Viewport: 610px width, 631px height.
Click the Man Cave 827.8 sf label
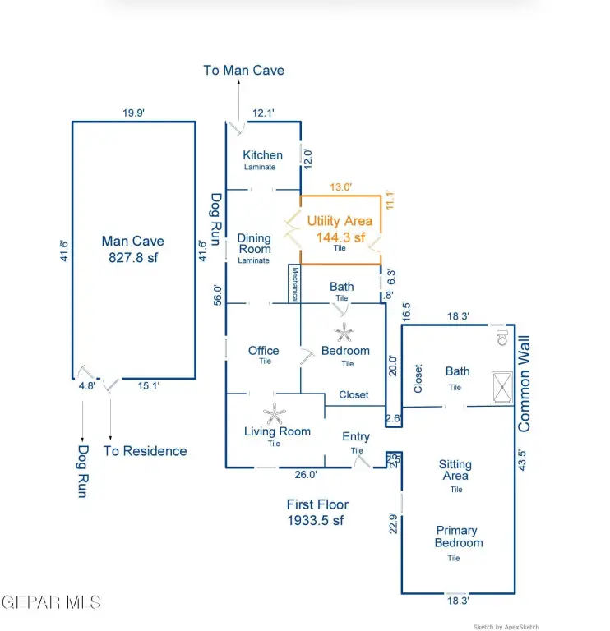pos(132,248)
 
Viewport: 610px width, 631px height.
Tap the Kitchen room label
pos(262,155)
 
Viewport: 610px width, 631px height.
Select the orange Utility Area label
pos(340,229)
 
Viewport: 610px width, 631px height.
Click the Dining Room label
pos(254,244)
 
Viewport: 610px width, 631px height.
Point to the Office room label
pos(264,351)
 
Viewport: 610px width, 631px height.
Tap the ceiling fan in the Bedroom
pos(343,332)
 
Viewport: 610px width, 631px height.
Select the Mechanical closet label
pos(293,284)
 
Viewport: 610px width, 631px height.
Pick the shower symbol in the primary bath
pos(501,386)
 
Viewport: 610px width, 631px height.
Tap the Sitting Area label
pos(455,470)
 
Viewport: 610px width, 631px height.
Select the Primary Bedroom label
pos(459,537)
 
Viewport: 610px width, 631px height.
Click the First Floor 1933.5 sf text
pos(317,513)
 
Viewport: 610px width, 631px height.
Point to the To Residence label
pos(145,451)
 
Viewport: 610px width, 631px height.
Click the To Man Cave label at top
pos(243,71)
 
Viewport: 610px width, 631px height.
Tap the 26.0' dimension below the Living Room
pos(305,474)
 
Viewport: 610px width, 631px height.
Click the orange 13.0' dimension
pos(340,187)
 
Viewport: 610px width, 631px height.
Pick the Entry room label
pos(356,437)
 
